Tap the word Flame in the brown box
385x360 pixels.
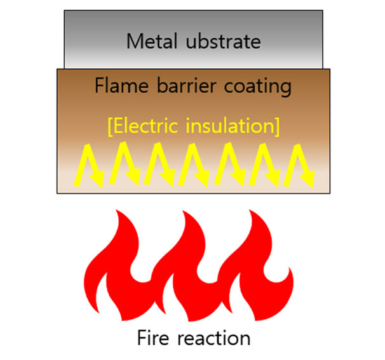pos(119,85)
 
